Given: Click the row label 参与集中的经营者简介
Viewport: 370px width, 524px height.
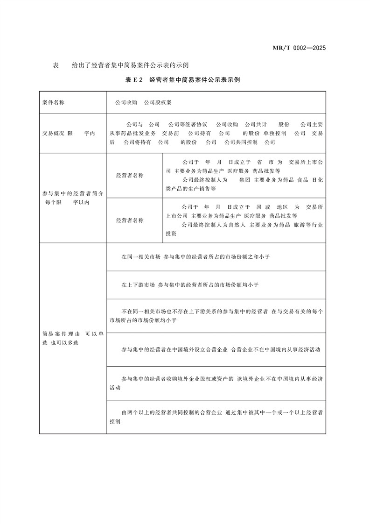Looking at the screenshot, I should pyautogui.click(x=72, y=193).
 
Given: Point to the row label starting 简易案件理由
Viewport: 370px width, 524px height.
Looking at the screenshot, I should pyautogui.click(x=72, y=338).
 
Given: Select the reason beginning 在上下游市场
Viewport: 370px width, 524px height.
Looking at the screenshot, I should pyautogui.click(x=190, y=284).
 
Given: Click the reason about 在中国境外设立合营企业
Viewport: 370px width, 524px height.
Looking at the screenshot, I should pyautogui.click(x=220, y=349).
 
